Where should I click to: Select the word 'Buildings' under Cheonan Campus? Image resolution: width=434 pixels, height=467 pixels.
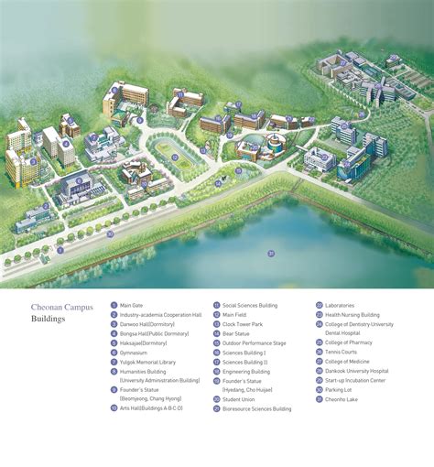[48, 320]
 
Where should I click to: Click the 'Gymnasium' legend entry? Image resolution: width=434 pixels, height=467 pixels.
[136, 352]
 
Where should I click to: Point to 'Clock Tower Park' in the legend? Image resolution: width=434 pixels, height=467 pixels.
[243, 324]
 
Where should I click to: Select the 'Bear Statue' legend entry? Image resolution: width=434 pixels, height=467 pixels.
[236, 333]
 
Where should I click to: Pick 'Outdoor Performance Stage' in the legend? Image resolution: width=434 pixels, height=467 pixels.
[254, 343]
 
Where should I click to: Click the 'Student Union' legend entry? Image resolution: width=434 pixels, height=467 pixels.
[239, 399]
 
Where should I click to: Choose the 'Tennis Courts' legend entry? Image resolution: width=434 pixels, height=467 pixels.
[341, 352]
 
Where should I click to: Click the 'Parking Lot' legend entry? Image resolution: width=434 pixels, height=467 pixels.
[338, 390]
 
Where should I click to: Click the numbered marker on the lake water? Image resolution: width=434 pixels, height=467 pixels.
[271, 252]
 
